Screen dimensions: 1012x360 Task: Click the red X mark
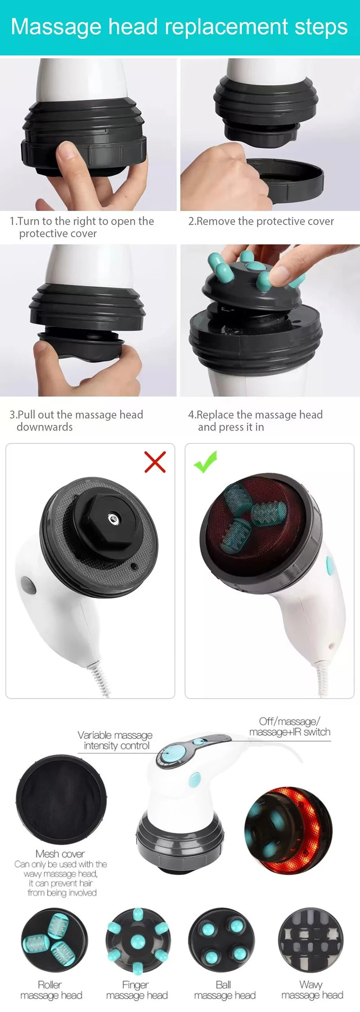(155, 462)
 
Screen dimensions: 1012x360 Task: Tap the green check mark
(206, 462)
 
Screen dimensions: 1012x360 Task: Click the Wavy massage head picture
(310, 940)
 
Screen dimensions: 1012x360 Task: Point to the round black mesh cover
(61, 799)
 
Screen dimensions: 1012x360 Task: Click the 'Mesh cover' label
(60, 854)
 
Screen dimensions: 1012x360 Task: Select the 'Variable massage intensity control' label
(115, 740)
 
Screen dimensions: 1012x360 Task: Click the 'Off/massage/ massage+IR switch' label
(290, 727)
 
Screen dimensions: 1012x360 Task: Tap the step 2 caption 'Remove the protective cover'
(261, 221)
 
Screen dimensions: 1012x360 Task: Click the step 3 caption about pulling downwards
(76, 421)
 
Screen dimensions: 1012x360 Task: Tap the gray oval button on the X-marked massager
(28, 585)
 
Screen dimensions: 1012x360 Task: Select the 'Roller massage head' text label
(51, 990)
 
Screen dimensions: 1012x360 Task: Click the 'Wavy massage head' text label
(312, 990)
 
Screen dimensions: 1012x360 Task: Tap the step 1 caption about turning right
(81, 227)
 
